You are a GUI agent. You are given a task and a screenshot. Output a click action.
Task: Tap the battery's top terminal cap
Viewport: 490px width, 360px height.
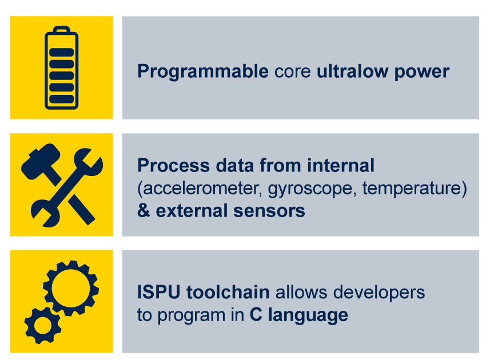(x=62, y=29)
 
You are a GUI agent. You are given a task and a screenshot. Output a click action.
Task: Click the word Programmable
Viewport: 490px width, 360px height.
(x=203, y=72)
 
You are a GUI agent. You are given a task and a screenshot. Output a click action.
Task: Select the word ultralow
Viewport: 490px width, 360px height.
(x=352, y=71)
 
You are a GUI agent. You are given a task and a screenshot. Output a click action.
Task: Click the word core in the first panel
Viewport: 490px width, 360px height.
(x=293, y=72)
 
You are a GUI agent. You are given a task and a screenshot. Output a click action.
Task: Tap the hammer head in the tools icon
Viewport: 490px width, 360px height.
(x=41, y=161)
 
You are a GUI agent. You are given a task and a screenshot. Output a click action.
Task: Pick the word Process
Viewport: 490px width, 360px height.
(x=173, y=165)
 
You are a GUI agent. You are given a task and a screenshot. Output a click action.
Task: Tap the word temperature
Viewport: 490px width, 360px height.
(x=412, y=189)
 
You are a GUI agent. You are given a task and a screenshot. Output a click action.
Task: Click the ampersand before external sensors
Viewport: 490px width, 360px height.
(x=144, y=210)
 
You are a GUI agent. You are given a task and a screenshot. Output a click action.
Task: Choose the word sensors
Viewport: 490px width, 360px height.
(x=269, y=211)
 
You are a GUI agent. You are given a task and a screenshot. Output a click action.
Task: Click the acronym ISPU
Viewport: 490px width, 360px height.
(x=159, y=292)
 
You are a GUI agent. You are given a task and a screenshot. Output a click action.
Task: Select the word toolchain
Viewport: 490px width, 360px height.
(x=228, y=292)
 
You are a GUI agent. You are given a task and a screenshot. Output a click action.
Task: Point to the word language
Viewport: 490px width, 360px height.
(x=308, y=315)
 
